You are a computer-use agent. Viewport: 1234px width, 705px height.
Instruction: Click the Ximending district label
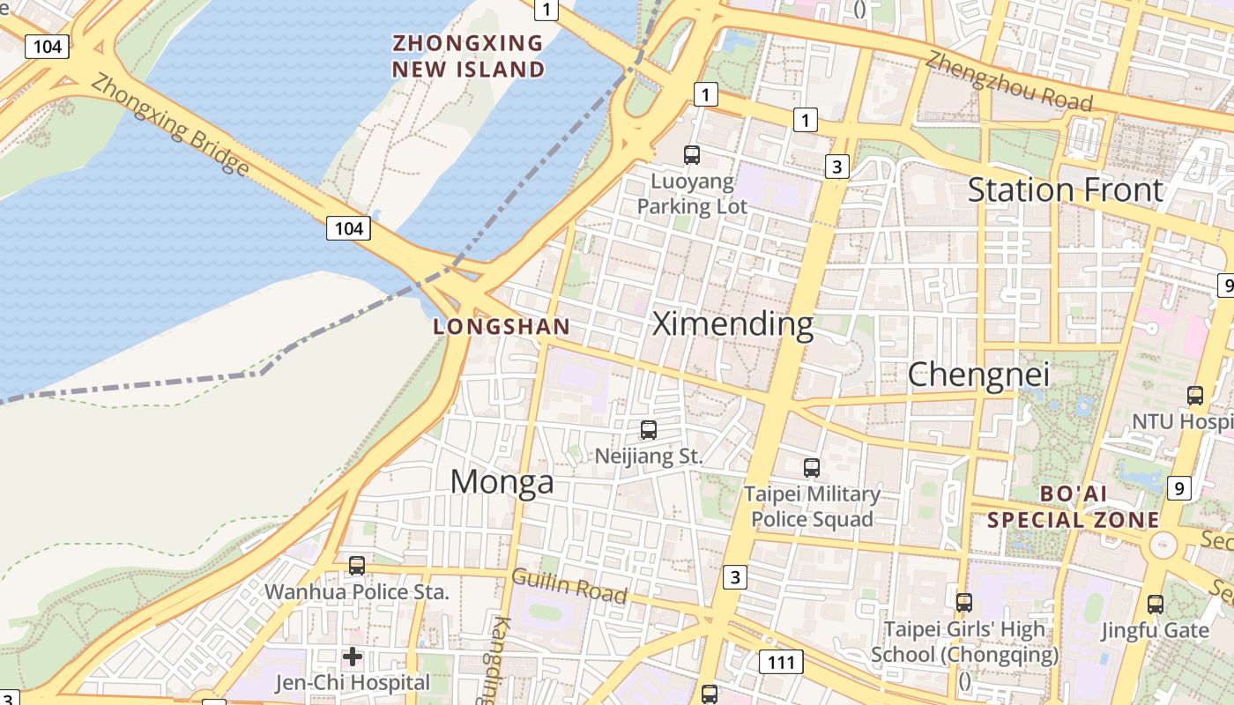pyautogui.click(x=732, y=324)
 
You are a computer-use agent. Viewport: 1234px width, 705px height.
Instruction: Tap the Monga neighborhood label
pyautogui.click(x=502, y=482)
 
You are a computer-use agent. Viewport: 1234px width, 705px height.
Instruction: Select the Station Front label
pyautogui.click(x=1066, y=190)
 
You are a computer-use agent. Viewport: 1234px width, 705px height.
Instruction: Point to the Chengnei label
pyautogui.click(x=978, y=375)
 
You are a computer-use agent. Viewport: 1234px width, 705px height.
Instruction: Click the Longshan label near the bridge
pyautogui.click(x=502, y=327)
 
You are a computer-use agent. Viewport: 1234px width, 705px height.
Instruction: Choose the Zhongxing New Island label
pyautogui.click(x=468, y=56)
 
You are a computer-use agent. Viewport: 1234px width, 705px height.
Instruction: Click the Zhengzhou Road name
pyautogui.click(x=1009, y=81)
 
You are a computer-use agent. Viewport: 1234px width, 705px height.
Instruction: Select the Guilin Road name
pyautogui.click(x=569, y=586)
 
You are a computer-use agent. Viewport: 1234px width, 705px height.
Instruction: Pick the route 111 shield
pyautogui.click(x=781, y=663)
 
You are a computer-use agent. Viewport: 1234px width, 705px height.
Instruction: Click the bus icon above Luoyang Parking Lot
pyautogui.click(x=692, y=155)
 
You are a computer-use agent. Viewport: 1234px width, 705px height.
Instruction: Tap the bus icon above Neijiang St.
pyautogui.click(x=649, y=430)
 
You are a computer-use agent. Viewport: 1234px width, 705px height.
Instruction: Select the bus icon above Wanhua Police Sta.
pyautogui.click(x=357, y=566)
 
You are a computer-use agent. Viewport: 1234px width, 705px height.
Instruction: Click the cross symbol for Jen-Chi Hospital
pyautogui.click(x=353, y=657)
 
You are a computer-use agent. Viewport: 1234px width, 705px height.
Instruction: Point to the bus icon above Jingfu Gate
pyautogui.click(x=1156, y=605)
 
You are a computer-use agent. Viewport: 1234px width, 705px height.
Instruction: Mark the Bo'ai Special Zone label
pyautogui.click(x=1073, y=507)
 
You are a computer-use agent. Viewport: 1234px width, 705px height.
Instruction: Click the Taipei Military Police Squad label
pyautogui.click(x=812, y=506)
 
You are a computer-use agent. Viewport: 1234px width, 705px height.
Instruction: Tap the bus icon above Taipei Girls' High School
pyautogui.click(x=964, y=603)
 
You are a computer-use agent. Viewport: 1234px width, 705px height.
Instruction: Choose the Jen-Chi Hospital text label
pyautogui.click(x=353, y=683)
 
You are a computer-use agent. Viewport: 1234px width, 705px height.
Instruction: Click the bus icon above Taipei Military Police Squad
pyautogui.click(x=812, y=468)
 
